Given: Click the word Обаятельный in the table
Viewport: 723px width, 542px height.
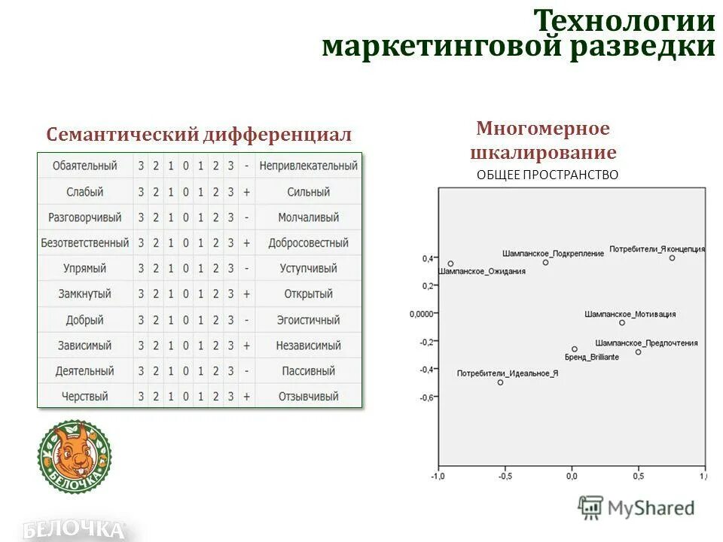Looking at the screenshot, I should tap(85, 166).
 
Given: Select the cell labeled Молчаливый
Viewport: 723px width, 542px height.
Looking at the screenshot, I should tap(308, 218).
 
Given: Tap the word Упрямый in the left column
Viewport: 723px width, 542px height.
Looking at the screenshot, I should tap(85, 269).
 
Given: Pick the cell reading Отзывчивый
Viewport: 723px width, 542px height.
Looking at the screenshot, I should tap(308, 397).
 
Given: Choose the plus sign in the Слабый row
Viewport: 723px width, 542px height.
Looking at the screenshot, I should tap(246, 192).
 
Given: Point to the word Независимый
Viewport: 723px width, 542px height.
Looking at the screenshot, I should tap(308, 346).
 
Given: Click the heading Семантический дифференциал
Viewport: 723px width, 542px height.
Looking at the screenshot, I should tap(199, 135).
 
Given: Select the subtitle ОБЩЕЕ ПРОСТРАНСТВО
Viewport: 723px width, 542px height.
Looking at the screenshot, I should tap(548, 175).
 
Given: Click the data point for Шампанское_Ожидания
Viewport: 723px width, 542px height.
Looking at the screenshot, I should tap(450, 264).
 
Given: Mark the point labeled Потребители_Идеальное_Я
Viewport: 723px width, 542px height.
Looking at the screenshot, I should tap(500, 382).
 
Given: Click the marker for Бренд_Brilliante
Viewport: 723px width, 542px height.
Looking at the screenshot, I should tap(575, 349).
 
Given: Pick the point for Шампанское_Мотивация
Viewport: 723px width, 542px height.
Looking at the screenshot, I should tap(622, 322).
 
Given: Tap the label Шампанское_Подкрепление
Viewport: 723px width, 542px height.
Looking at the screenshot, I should tap(553, 254).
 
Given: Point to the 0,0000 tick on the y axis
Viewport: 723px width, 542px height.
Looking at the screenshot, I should tap(423, 313).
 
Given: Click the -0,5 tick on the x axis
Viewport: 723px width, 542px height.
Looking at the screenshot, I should tap(505, 476).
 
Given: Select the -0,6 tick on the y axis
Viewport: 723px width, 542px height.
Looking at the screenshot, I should tap(426, 397).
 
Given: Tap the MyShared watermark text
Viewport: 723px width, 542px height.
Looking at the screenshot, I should tap(651, 508).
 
